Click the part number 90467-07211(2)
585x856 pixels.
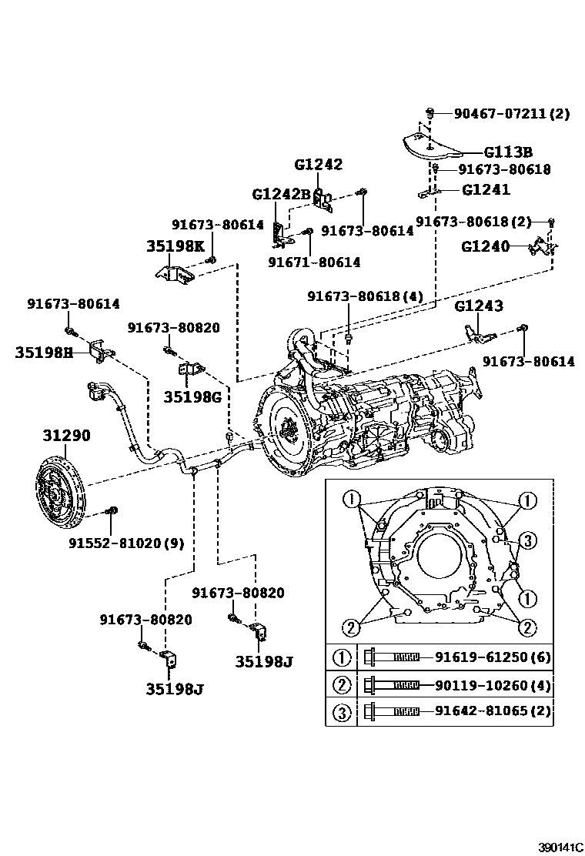511,114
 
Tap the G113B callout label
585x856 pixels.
508,152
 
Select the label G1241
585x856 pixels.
486,189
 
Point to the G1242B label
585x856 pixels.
280,194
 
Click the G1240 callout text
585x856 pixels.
486,246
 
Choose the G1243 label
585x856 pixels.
479,306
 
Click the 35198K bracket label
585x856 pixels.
175,246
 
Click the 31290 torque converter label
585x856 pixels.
66,436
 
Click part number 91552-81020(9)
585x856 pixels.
125,542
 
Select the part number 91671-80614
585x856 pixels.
314,262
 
